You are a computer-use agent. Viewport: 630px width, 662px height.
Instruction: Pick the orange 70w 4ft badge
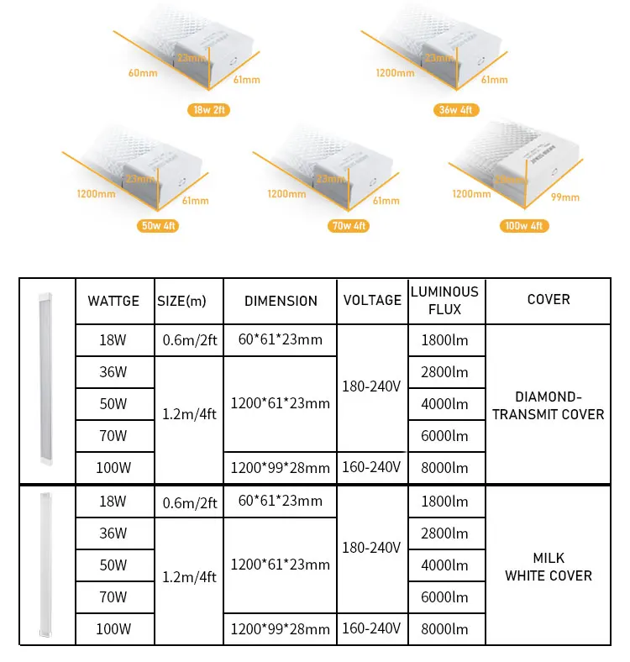(x=347, y=226)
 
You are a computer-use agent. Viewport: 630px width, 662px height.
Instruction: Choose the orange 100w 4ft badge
(x=525, y=226)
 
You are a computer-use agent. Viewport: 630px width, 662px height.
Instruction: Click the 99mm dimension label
(x=564, y=197)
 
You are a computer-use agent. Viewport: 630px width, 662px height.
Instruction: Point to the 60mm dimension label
(x=143, y=72)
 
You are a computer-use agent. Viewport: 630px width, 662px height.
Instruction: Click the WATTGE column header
(x=113, y=301)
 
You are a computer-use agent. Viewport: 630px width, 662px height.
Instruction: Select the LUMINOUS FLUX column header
(x=444, y=301)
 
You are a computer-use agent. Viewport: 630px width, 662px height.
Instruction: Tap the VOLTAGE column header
(x=372, y=301)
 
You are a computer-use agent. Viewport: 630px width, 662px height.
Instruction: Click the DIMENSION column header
(x=281, y=301)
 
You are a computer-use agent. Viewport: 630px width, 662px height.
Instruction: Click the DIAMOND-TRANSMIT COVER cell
(x=548, y=405)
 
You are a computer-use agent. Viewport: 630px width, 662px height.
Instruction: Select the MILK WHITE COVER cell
(x=548, y=566)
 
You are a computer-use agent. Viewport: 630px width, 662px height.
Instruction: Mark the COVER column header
(x=549, y=299)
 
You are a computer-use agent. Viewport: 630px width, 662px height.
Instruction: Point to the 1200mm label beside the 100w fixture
(x=472, y=194)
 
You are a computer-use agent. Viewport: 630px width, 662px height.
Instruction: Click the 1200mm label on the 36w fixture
(x=395, y=73)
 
